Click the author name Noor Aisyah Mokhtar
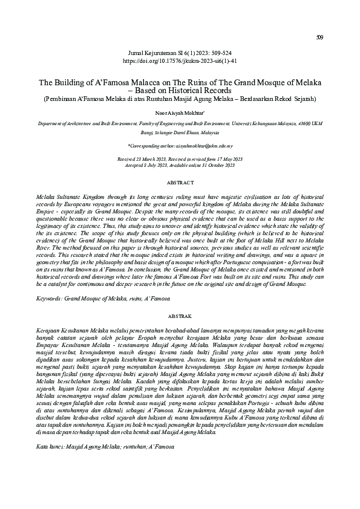click(x=180, y=112)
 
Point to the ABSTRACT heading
click(x=180, y=182)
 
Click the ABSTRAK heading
click(x=180, y=316)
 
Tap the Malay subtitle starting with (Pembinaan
click(x=180, y=99)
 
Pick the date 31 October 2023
click(x=222, y=164)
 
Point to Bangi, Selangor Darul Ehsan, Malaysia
click(x=180, y=130)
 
